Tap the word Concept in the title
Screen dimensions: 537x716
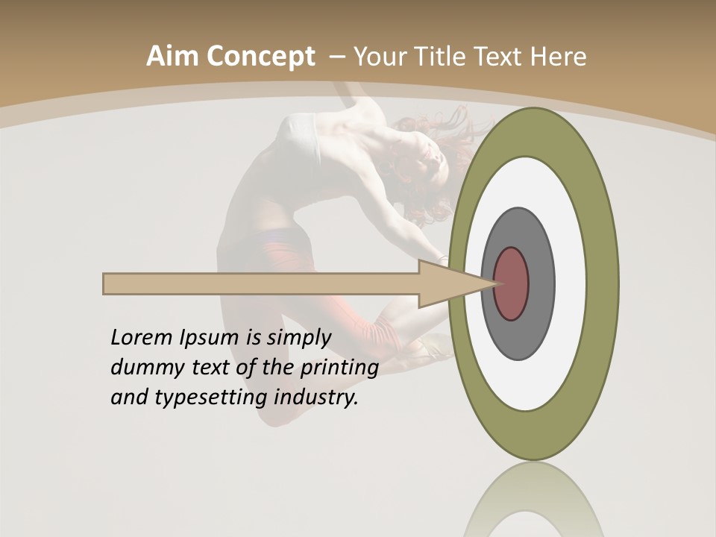261,57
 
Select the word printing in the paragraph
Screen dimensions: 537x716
339,368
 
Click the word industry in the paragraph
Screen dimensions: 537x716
316,397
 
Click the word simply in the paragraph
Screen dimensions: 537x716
298,337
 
